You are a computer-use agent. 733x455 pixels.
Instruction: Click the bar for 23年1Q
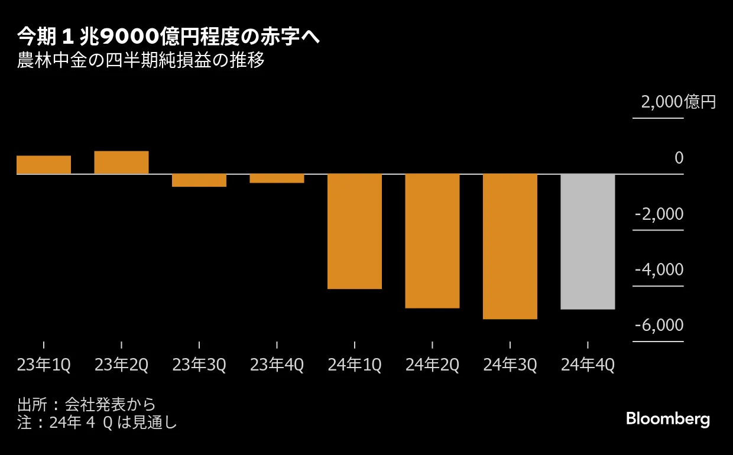(x=44, y=165)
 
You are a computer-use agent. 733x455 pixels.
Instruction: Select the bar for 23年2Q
(x=121, y=162)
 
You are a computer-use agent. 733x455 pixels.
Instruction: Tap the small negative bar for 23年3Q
(x=199, y=180)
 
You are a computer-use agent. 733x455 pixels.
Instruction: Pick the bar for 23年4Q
(x=277, y=178)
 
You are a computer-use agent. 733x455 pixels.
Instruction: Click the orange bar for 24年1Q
(x=355, y=231)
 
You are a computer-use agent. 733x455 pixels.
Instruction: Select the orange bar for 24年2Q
(x=432, y=240)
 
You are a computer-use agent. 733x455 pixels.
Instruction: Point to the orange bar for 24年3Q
(x=510, y=246)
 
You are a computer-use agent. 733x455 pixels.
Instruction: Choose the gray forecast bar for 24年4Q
(x=588, y=241)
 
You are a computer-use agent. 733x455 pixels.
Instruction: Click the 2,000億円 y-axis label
(x=678, y=102)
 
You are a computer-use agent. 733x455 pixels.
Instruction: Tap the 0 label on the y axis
(x=679, y=158)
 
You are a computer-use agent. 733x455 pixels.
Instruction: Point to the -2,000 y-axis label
(x=659, y=214)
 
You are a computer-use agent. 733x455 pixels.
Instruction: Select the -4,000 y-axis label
(x=659, y=270)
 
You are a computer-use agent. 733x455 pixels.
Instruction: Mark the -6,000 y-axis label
(x=659, y=326)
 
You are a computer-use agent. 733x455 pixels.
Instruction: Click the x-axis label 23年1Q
(x=44, y=366)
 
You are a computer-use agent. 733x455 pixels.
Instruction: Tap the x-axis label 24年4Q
(x=588, y=366)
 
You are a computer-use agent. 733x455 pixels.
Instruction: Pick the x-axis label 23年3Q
(x=199, y=366)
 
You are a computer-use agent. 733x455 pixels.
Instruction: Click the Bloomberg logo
(x=667, y=420)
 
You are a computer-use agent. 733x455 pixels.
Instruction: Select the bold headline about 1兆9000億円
(x=168, y=37)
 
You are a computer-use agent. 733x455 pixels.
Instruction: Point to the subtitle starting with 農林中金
(x=140, y=61)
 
